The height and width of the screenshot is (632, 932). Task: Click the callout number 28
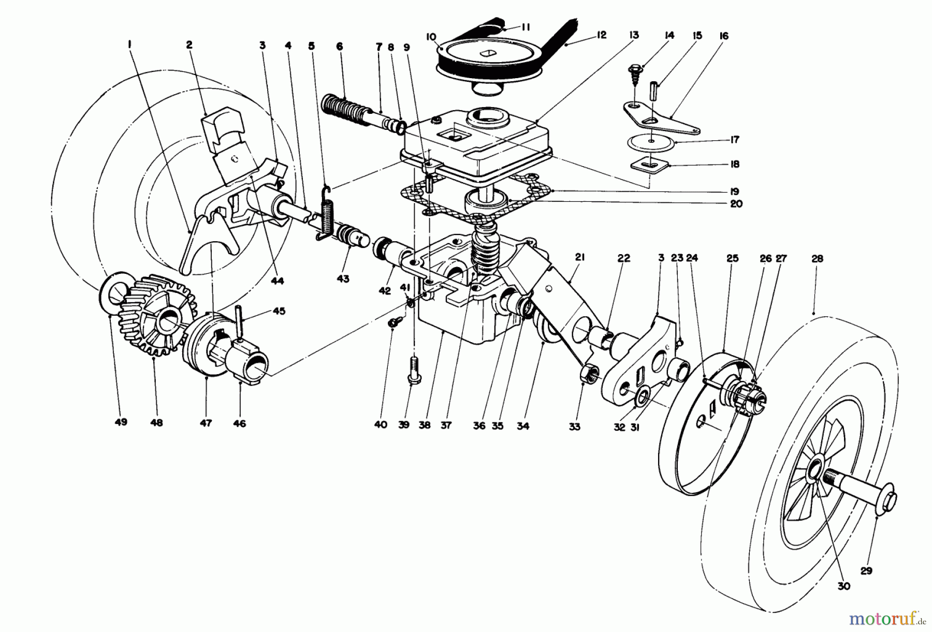pyautogui.click(x=817, y=258)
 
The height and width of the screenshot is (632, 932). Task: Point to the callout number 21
pyautogui.click(x=579, y=257)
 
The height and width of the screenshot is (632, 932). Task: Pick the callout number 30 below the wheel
pyautogui.click(x=844, y=586)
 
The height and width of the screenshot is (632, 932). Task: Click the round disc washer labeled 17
pyautogui.click(x=653, y=143)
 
